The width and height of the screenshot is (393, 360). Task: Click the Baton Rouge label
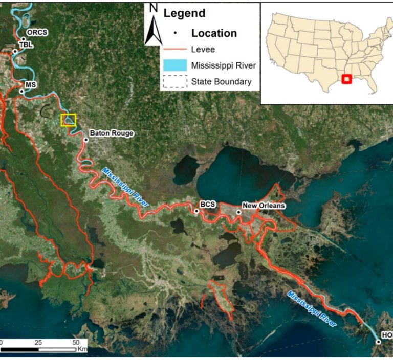click(112, 133)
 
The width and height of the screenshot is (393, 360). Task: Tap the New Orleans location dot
click(238, 212)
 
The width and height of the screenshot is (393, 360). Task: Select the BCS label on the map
click(208, 205)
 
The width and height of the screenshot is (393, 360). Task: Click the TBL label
click(26, 44)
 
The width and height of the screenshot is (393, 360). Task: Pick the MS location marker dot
click(21, 92)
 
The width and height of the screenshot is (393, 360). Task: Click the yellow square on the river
click(68, 120)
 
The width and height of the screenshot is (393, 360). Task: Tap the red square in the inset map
click(346, 79)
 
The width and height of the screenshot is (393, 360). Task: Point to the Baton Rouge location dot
click(86, 139)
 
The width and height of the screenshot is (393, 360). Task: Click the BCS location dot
click(196, 211)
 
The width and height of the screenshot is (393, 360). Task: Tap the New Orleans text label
click(264, 206)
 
